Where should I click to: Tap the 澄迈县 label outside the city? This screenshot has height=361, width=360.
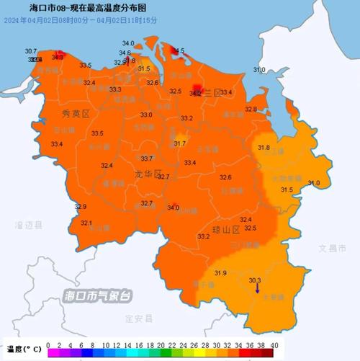pos(29,225)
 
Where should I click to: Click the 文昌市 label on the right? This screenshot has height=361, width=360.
pos(333,248)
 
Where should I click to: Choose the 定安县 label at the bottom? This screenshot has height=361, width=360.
pos(135,317)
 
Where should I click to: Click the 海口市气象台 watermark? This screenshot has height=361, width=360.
pos(98,295)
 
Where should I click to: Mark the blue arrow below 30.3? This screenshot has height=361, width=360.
pos(258,289)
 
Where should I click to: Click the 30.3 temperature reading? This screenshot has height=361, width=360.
pos(255,280)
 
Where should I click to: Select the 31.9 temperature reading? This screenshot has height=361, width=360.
pos(221,272)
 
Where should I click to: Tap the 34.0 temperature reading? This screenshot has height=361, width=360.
pos(173,208)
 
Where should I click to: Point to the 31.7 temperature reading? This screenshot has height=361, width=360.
pos(180,144)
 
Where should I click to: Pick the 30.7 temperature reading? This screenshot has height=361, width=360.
pos(30,51)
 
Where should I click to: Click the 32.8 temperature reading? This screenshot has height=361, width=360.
pos(251,109)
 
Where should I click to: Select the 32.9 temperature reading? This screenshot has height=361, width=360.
pos(81,207)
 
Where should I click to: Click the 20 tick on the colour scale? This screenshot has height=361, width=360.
pos(161,346)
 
